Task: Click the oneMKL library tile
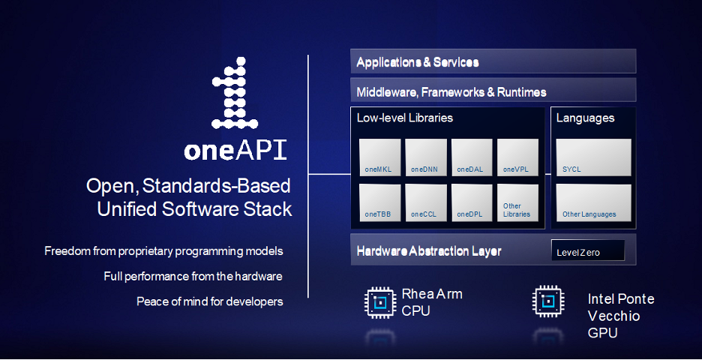pos(379,157)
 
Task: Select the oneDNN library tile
pos(426,157)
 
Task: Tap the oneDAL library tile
pos(472,157)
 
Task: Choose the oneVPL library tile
pos(518,157)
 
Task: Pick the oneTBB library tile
pos(379,202)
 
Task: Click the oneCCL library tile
pos(426,202)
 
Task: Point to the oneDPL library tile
pos(472,202)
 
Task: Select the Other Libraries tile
pos(518,202)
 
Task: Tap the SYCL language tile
pos(593,157)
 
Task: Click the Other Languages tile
pos(593,202)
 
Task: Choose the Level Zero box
pos(587,251)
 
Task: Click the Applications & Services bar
pos(493,61)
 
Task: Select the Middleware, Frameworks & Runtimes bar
pos(493,91)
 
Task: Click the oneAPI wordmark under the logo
pos(235,150)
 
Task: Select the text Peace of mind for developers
pos(210,301)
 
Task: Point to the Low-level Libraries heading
pos(404,118)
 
